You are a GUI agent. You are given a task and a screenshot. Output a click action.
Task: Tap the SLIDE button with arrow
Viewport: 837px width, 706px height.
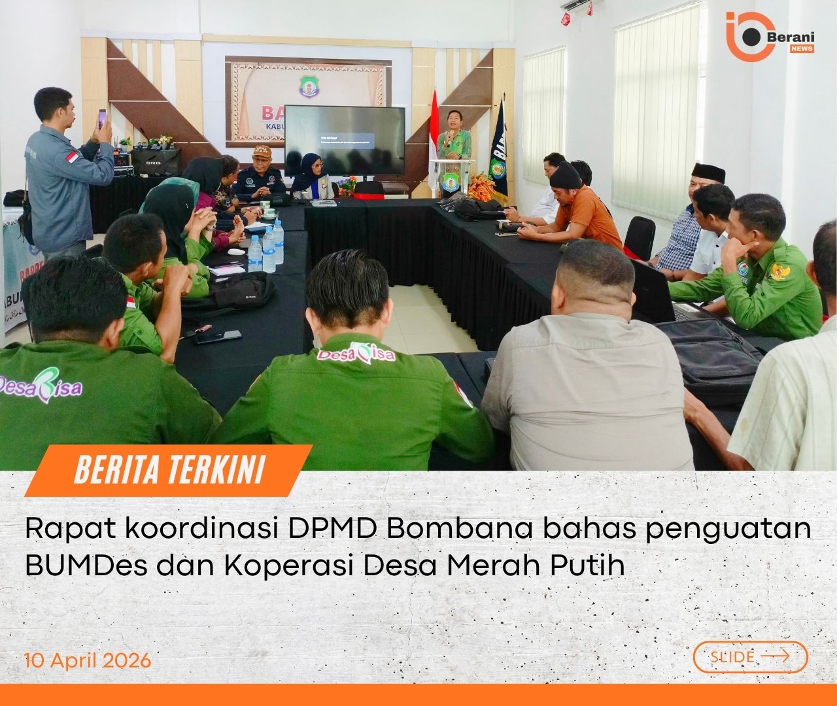click(x=750, y=656)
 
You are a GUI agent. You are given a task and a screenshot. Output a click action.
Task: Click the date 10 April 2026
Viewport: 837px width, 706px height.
click(x=88, y=660)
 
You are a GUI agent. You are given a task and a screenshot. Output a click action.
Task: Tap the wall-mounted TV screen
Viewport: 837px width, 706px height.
click(x=345, y=143)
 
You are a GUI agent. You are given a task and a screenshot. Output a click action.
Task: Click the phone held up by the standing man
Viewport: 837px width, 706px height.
click(x=101, y=119)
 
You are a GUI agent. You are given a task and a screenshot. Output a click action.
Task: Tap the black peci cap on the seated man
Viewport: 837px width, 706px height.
click(x=708, y=173)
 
